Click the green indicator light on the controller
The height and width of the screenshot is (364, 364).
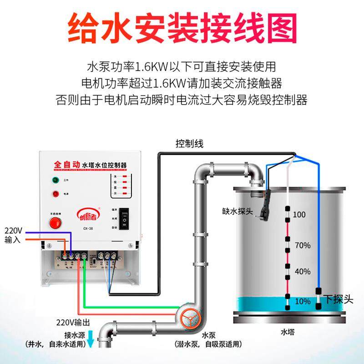(57, 180)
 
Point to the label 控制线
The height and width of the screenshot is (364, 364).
(189, 144)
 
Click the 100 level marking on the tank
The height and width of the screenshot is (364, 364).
(299, 214)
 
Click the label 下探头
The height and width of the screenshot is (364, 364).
(338, 299)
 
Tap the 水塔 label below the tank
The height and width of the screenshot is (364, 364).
(288, 333)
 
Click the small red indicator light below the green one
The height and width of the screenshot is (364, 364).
(57, 194)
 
